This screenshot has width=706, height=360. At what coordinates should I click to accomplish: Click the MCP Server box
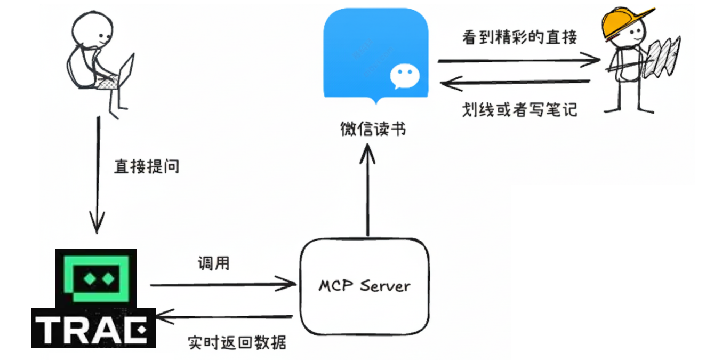365,286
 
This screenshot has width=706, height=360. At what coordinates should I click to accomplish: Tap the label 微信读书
373,129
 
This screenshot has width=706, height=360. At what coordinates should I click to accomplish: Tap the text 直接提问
147,166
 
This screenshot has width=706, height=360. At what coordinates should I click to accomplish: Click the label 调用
213,263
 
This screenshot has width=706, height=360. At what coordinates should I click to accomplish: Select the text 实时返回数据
237,341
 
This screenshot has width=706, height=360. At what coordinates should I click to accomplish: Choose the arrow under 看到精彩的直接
518,60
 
